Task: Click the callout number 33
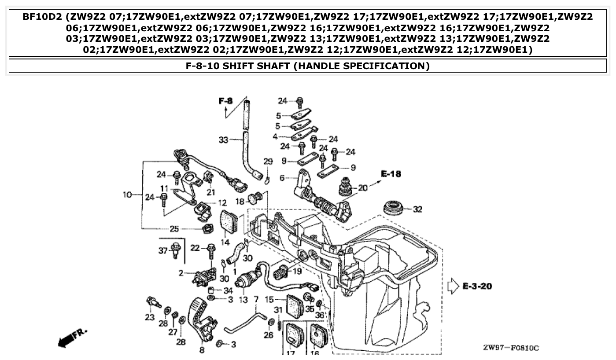point(224,140)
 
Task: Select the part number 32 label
point(417,209)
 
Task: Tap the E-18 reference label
point(391,174)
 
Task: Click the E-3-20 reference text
point(477,287)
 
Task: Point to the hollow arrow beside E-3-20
point(453,287)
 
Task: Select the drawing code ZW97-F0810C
point(511,348)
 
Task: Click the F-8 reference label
point(225,102)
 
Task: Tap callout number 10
point(127,194)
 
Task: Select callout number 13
point(243,300)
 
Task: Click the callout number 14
point(225,242)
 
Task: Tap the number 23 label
point(150,317)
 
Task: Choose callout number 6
point(282,178)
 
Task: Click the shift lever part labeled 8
point(201,319)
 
